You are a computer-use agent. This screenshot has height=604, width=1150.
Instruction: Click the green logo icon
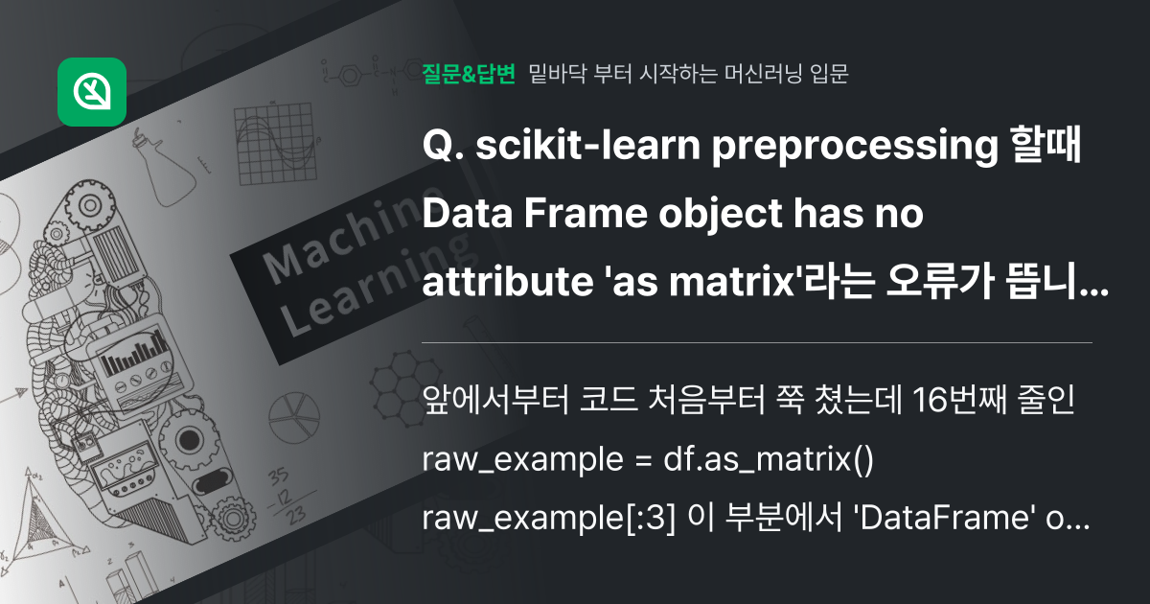click(x=92, y=92)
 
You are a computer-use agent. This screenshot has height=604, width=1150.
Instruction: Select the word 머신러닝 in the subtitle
click(x=747, y=74)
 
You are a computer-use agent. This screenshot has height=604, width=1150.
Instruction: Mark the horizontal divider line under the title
click(x=757, y=341)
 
